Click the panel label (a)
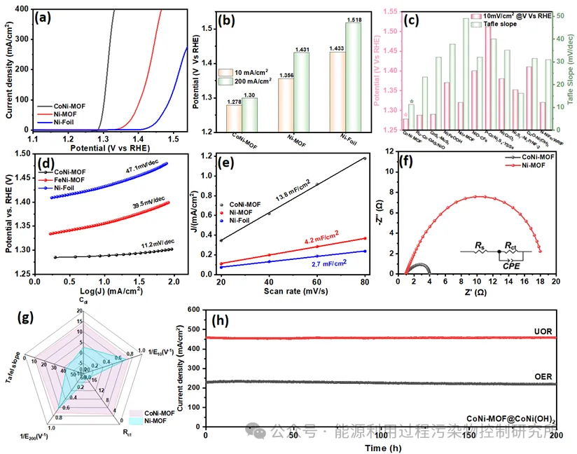(43, 18)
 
